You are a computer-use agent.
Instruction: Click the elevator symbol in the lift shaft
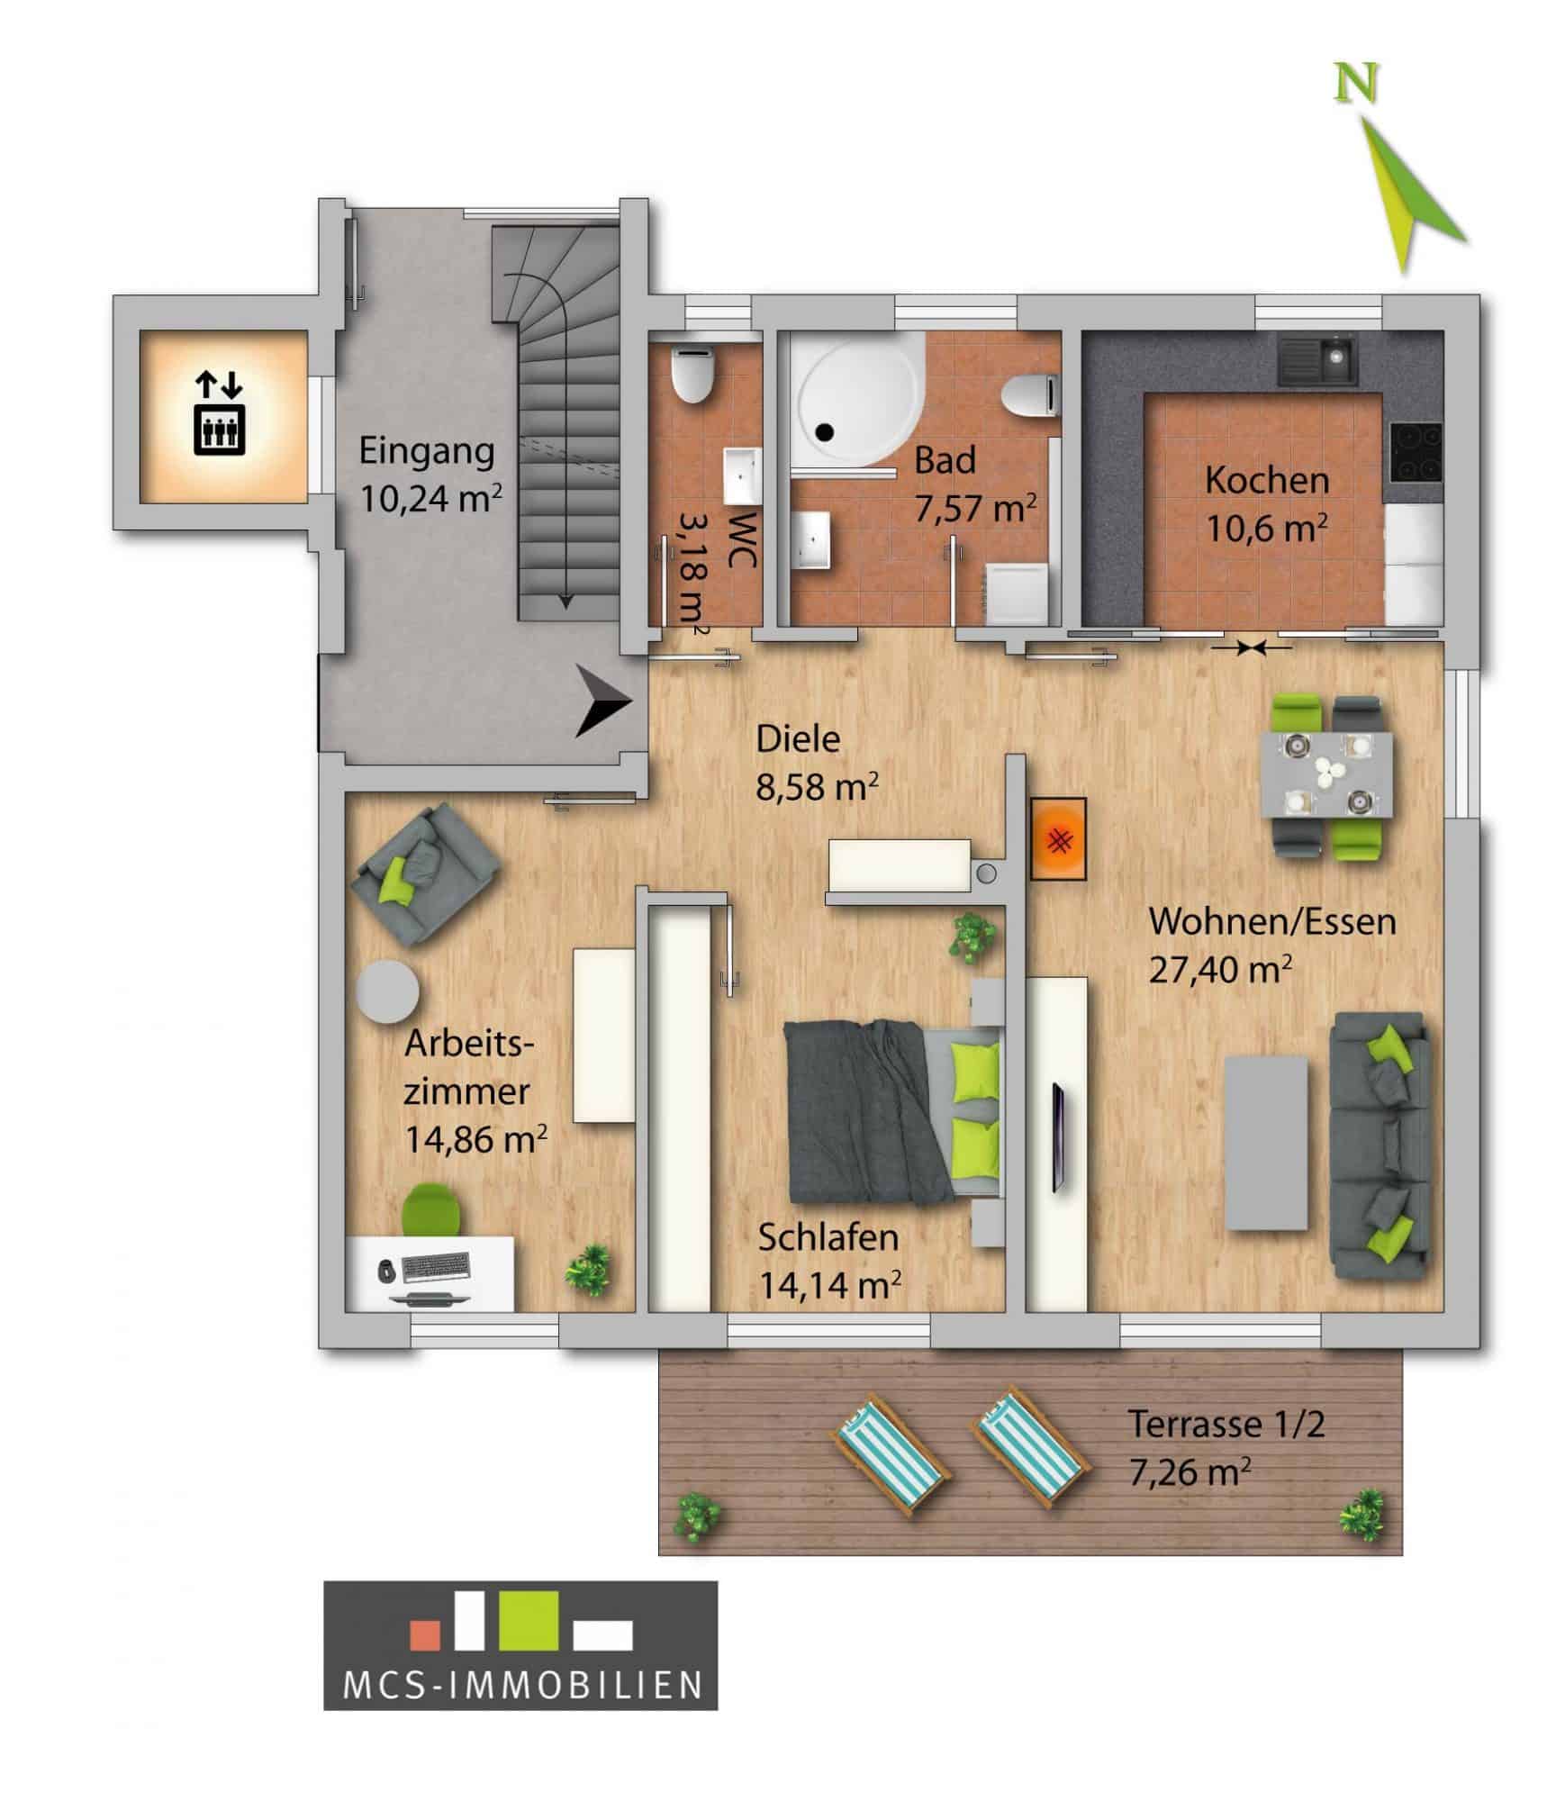click(x=220, y=415)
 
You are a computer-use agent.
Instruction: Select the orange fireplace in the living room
click(x=1059, y=838)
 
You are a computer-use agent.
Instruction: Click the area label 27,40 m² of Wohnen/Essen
click(x=1220, y=970)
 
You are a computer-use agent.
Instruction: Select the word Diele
click(x=798, y=739)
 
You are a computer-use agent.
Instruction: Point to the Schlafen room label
click(x=828, y=1237)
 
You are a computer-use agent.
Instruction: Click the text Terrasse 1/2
click(x=1226, y=1425)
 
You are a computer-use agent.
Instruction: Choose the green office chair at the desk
click(x=430, y=1209)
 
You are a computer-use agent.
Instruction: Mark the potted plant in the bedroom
click(x=972, y=939)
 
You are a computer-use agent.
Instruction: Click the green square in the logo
click(x=529, y=1622)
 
